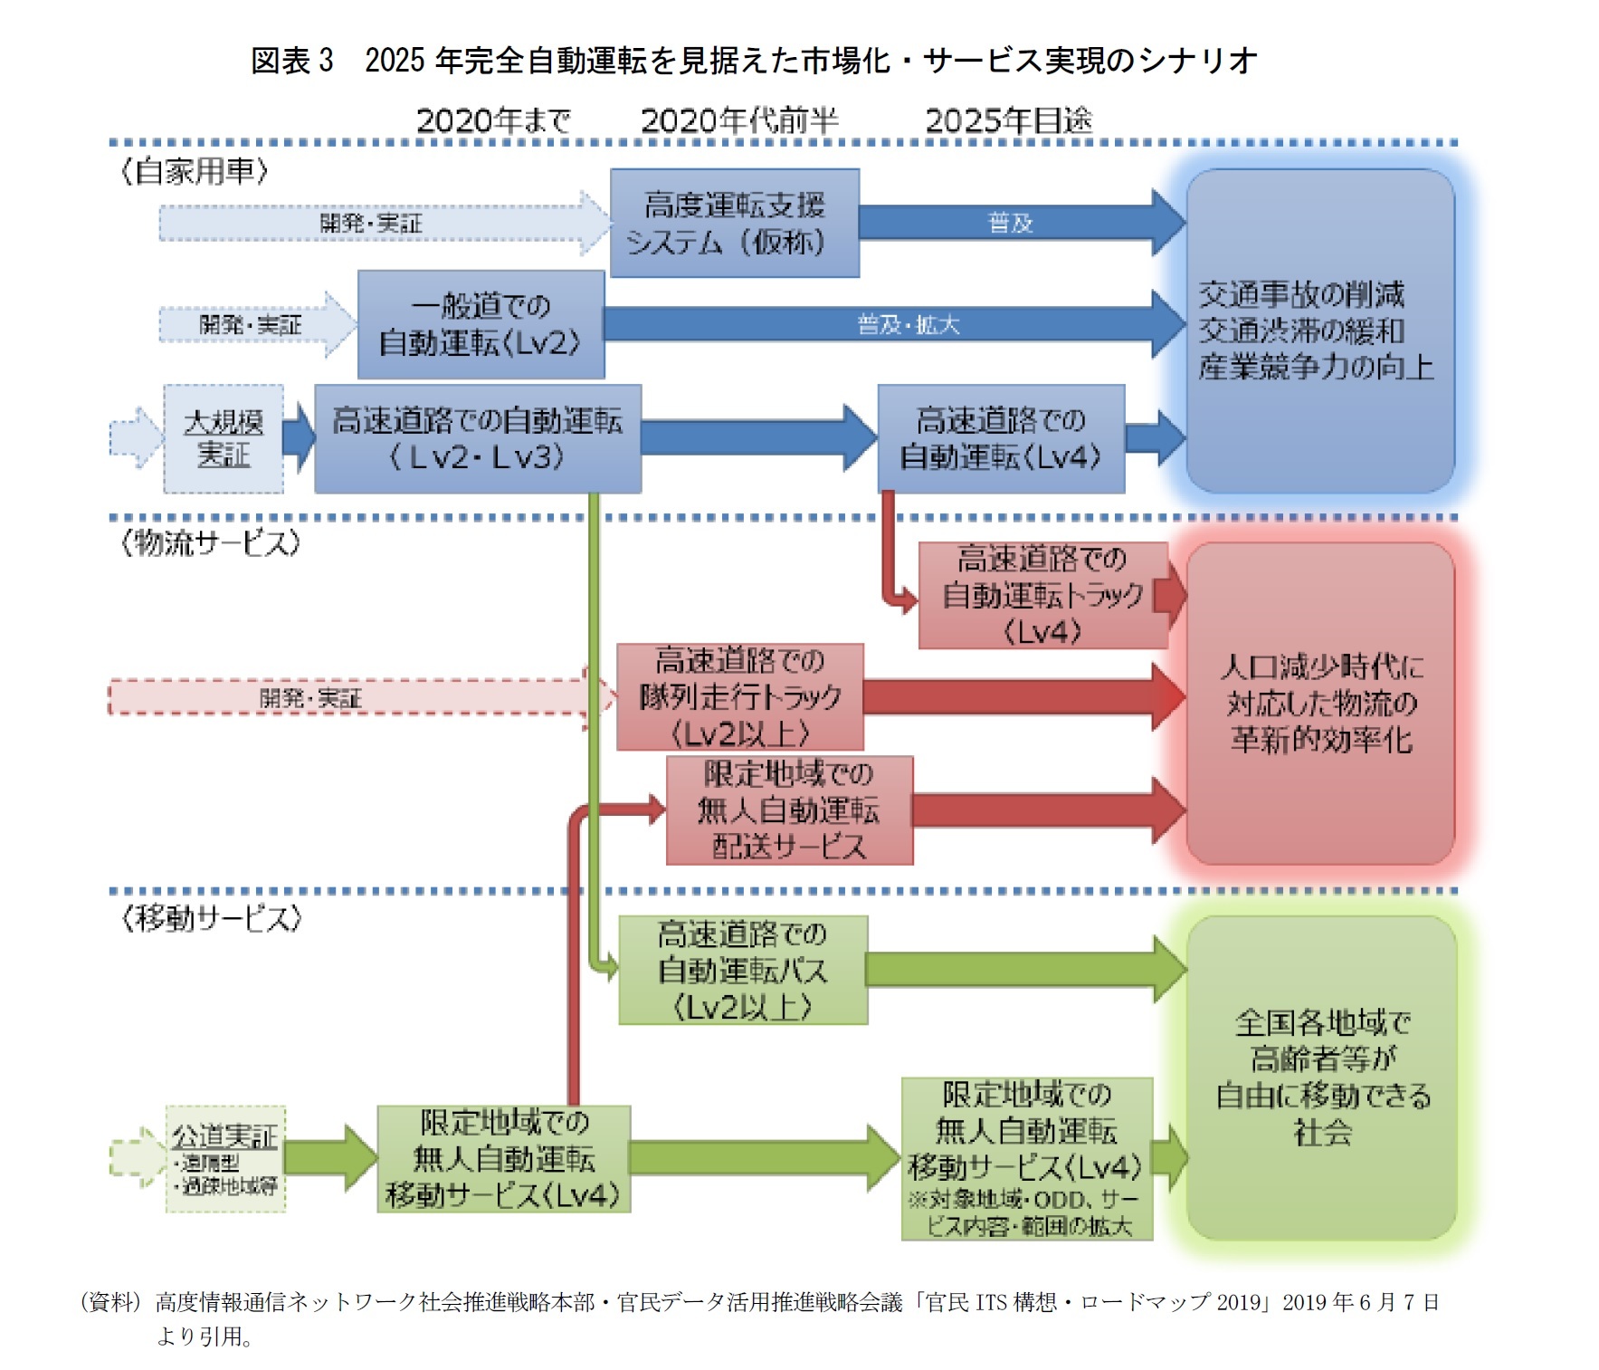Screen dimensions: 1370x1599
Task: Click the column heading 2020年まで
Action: tap(493, 120)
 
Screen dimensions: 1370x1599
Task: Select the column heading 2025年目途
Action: tap(1008, 120)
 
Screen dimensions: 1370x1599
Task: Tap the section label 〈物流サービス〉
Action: tap(210, 543)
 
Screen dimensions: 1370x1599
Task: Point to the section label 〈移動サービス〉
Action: tap(211, 918)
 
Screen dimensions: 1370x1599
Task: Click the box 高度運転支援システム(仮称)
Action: tap(734, 223)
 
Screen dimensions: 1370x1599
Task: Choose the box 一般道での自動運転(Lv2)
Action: tap(481, 324)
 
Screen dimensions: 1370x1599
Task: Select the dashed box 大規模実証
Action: tap(224, 439)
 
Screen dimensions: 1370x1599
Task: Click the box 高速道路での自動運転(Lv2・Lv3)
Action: tap(478, 439)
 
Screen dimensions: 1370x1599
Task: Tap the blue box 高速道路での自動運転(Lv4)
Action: tap(1001, 439)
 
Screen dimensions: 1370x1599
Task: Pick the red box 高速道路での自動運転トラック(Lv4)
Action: tap(1042, 595)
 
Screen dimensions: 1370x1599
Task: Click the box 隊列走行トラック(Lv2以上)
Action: tap(739, 697)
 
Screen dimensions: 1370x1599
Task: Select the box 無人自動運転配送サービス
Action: tap(789, 810)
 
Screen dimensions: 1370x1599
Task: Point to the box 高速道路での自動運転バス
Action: tap(743, 970)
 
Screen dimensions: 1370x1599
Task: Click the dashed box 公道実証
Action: tap(225, 1158)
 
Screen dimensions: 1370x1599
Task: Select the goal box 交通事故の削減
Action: tap(1319, 331)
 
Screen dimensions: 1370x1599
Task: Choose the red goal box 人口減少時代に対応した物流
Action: tap(1319, 704)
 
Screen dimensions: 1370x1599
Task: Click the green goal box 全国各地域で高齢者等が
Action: tap(1321, 1078)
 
